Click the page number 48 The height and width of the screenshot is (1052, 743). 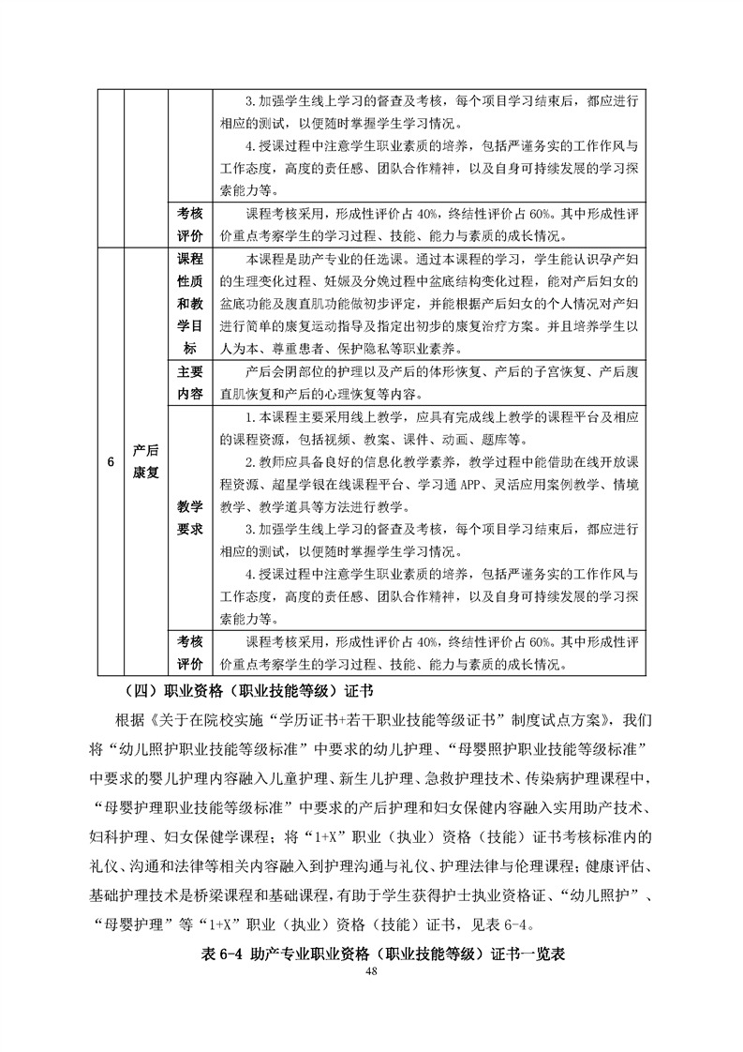[372, 970]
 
